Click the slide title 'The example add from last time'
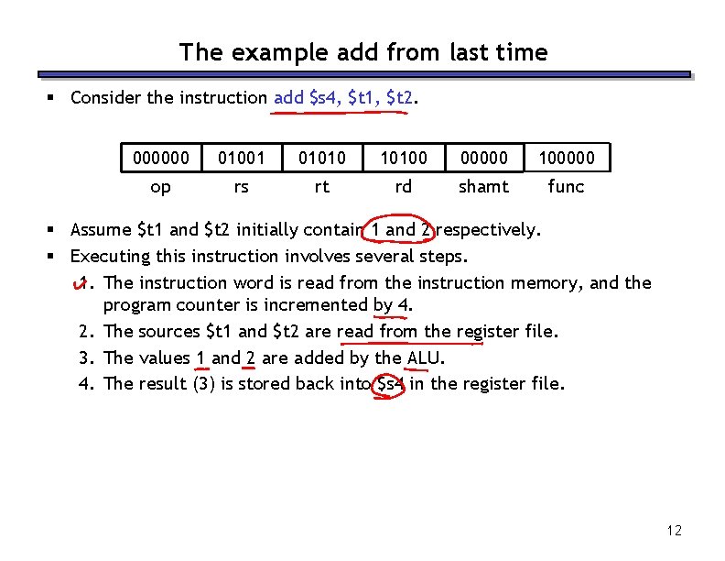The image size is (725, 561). click(363, 52)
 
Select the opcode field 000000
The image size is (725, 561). click(161, 159)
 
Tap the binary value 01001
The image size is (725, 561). click(241, 159)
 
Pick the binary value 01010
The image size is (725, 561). click(322, 159)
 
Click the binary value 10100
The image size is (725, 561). click(403, 159)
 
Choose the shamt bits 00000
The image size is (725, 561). click(483, 159)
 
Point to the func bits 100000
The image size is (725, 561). click(566, 159)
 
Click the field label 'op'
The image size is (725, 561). click(161, 187)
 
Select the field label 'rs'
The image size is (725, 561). click(241, 187)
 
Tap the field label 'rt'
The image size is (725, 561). click(322, 187)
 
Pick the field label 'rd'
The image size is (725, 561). click(403, 187)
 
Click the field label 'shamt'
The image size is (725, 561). click(483, 187)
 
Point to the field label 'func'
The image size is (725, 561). click(566, 187)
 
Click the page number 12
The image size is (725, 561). click(675, 530)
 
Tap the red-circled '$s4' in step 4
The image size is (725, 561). click(391, 383)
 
